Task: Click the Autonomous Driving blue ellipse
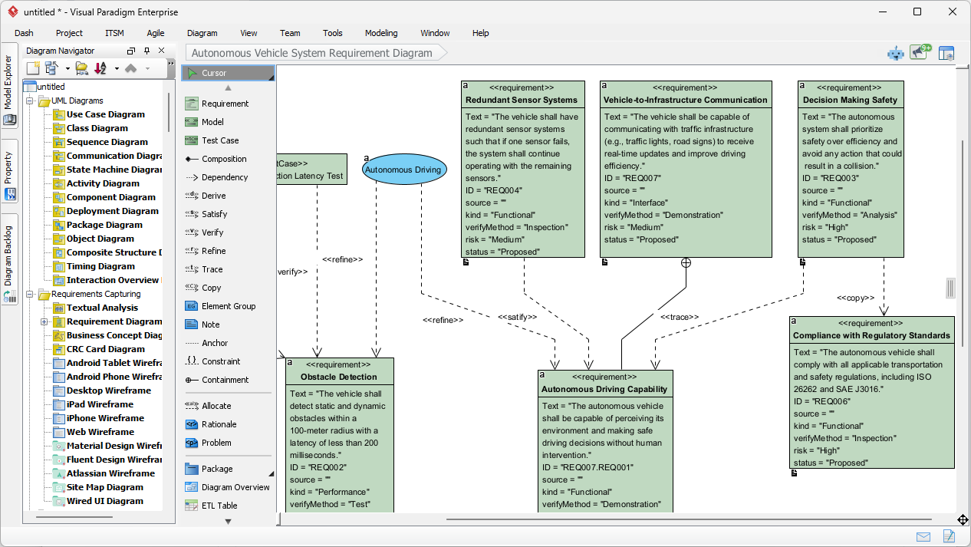click(403, 170)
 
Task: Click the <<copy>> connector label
click(855, 298)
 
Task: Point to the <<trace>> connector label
click(680, 317)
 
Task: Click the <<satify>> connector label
click(517, 317)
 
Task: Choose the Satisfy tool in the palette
click(214, 214)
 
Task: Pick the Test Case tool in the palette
click(220, 140)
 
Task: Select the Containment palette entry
click(225, 380)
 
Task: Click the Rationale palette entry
click(219, 424)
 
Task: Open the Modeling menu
click(381, 33)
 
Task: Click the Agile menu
click(156, 33)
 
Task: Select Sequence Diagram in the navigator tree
click(107, 142)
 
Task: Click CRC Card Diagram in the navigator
click(105, 349)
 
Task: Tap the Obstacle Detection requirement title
click(338, 377)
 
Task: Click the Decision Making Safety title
click(849, 100)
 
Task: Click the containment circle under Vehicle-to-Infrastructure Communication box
click(686, 263)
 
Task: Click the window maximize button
click(917, 12)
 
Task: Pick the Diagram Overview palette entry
click(235, 487)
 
